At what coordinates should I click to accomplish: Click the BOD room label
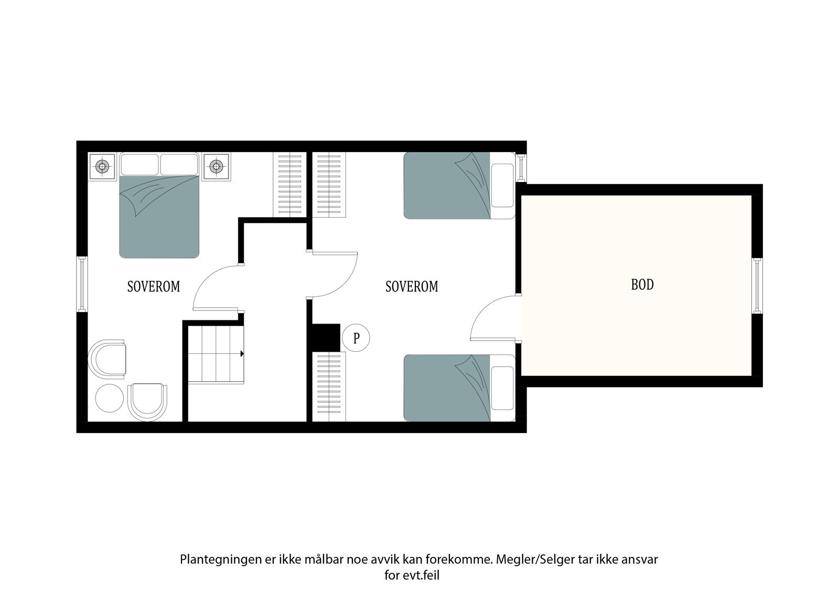(x=642, y=285)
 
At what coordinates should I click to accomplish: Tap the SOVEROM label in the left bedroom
(x=153, y=286)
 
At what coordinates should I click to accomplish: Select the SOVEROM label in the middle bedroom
(x=411, y=286)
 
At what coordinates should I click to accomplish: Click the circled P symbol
(x=356, y=338)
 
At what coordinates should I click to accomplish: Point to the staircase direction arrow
(x=242, y=354)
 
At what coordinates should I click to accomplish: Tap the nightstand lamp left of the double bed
(x=102, y=167)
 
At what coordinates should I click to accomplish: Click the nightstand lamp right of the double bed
(x=216, y=167)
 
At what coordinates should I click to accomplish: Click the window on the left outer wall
(x=82, y=284)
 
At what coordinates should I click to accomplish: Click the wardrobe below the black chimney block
(x=329, y=387)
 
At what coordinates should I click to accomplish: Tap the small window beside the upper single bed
(x=521, y=167)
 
